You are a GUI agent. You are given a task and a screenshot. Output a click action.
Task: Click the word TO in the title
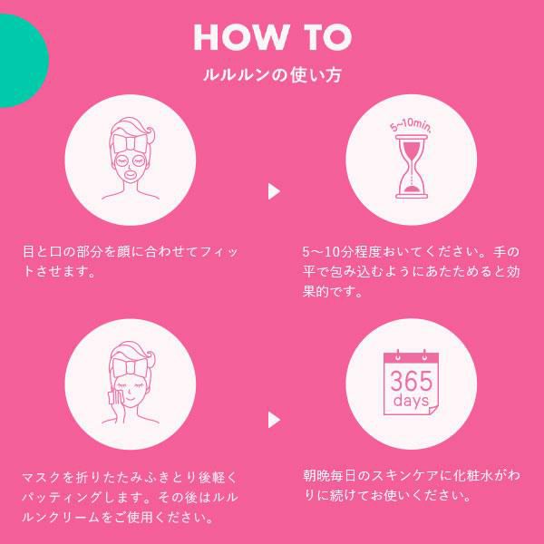coord(328,37)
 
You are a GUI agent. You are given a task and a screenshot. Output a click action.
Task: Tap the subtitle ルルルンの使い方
coord(272,75)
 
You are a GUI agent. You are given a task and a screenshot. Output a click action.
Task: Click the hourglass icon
coord(412,167)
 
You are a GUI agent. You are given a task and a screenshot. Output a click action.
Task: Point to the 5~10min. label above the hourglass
coord(411,126)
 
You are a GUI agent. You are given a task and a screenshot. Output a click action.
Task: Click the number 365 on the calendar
coord(412,381)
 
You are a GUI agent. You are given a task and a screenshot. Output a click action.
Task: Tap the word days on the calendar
coord(412,401)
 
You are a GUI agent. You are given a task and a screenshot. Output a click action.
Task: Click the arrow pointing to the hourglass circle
coord(274,191)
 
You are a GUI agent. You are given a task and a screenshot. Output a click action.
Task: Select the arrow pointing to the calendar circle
coord(274,420)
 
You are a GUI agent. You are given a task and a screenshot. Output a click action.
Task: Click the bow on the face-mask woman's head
coord(131,144)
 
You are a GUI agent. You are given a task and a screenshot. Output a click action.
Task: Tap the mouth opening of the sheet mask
coord(131,175)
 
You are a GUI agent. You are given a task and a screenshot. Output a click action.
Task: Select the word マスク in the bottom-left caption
coord(42,478)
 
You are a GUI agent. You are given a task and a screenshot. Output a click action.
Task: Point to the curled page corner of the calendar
coord(433,410)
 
